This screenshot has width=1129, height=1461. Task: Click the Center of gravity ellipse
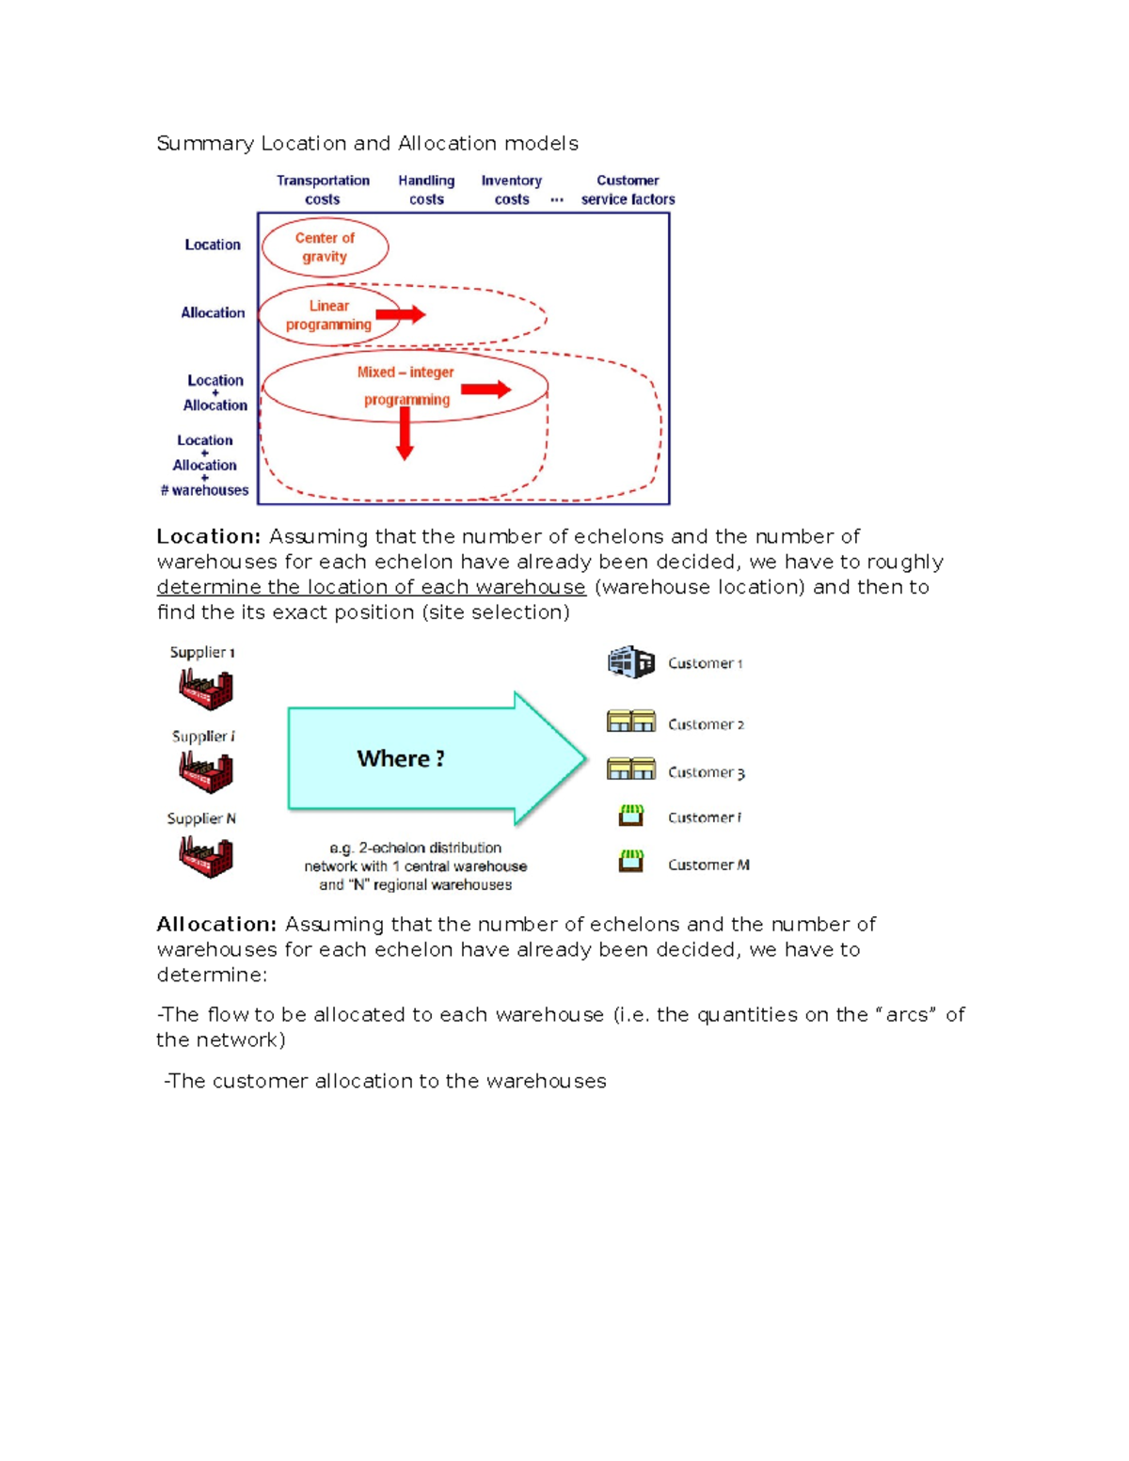[x=325, y=247]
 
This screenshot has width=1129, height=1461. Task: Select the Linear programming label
[x=328, y=315]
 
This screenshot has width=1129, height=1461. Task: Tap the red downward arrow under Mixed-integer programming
[x=405, y=435]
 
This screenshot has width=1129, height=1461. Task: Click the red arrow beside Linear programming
[x=401, y=314]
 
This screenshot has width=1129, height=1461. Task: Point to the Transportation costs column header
[x=323, y=189]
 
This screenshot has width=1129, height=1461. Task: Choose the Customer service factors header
[x=628, y=189]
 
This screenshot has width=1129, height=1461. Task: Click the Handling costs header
[x=426, y=189]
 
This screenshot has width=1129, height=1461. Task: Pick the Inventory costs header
[x=512, y=189]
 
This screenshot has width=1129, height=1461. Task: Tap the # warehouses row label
[x=204, y=490]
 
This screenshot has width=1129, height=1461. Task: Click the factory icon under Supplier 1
[x=206, y=689]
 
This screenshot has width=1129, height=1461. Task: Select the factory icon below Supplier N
[x=206, y=856]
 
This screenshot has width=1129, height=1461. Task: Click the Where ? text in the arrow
[x=401, y=758]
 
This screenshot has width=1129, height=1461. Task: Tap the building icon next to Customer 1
[x=630, y=662]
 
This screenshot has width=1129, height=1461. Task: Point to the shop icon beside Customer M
[x=631, y=861]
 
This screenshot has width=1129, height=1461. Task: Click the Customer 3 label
[x=706, y=772]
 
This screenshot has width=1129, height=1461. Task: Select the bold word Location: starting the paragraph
[x=208, y=536]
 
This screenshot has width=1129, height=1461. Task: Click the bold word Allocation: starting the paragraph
[x=216, y=924]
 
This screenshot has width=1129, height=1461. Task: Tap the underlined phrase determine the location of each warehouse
[x=371, y=587]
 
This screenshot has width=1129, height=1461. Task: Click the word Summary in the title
[x=205, y=143]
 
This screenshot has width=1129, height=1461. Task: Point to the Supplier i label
[x=203, y=737]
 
